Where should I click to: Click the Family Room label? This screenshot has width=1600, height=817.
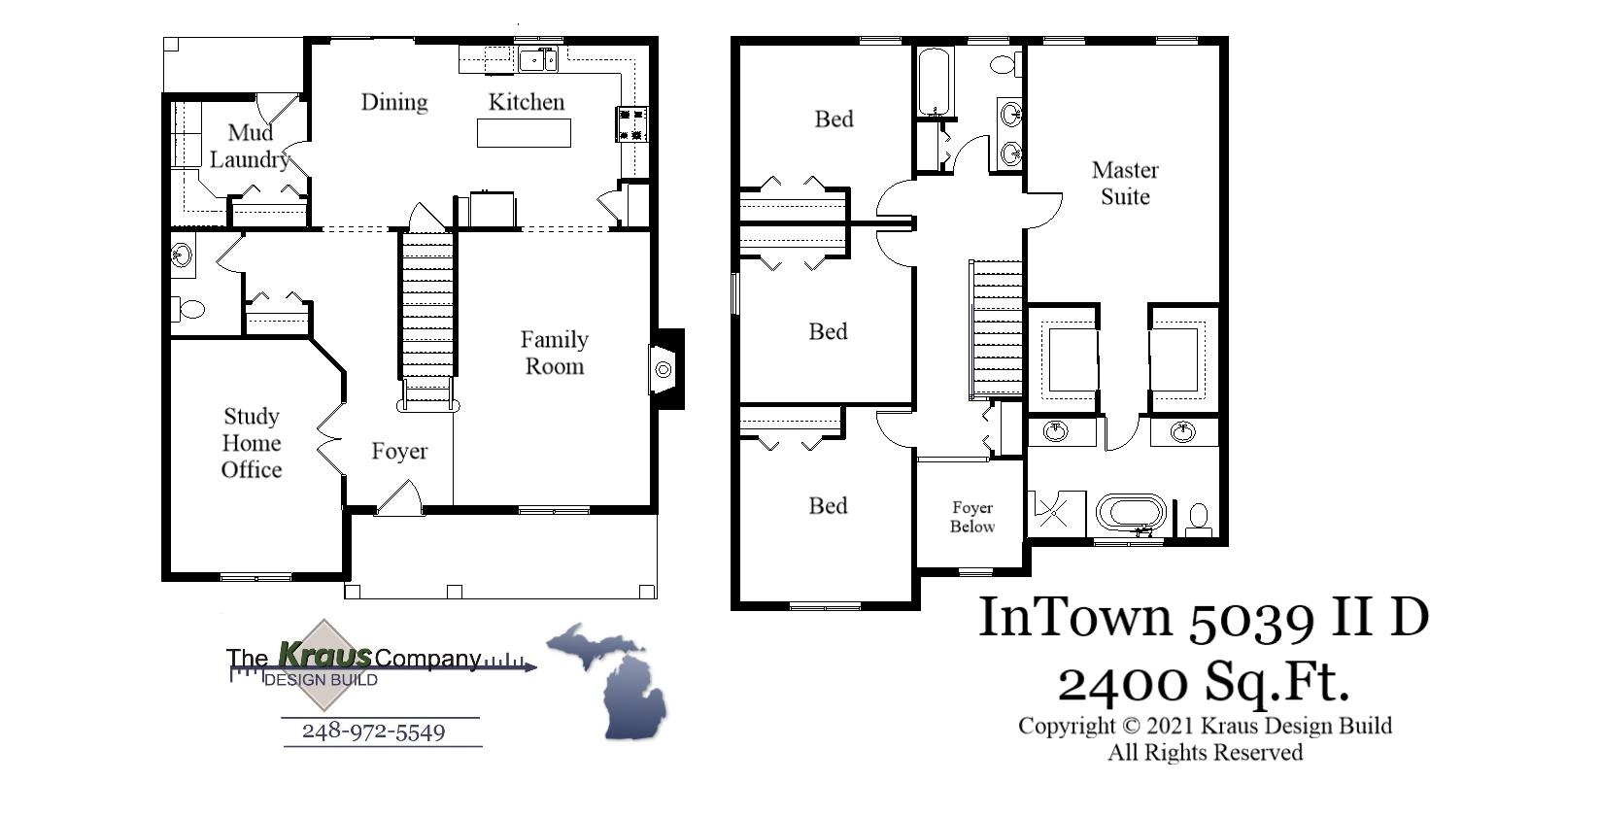point(554,353)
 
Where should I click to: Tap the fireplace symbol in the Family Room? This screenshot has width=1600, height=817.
point(664,370)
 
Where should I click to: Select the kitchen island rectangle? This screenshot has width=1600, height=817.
point(524,132)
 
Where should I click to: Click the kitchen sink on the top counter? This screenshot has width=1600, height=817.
point(537,61)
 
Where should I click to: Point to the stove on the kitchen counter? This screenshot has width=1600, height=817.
point(631,124)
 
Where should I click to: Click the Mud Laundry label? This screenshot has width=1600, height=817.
point(250,146)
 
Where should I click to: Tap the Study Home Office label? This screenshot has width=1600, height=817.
point(252,443)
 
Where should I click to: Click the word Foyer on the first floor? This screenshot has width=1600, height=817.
point(399,452)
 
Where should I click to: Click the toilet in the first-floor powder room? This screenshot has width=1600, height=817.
point(190,310)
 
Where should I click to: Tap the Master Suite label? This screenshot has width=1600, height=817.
point(1125,183)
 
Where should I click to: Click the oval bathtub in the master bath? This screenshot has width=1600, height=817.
point(1132,512)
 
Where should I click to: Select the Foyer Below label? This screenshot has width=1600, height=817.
point(972,517)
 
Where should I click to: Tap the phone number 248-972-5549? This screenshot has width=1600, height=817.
point(373,732)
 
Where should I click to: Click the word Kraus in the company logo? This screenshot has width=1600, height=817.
point(324,656)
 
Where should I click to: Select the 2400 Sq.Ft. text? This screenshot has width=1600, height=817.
point(1203,682)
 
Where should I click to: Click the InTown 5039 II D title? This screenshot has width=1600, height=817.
point(1203,617)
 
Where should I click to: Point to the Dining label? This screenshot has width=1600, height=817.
point(394,102)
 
